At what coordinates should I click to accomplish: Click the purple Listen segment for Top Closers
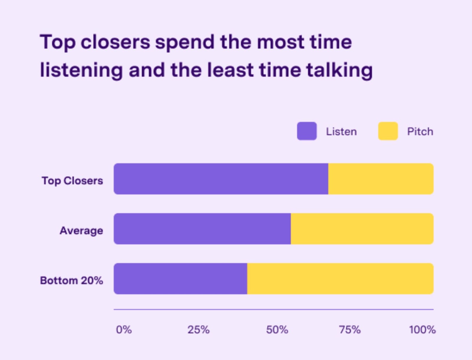(221, 179)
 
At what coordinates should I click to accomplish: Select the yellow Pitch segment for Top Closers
(381, 179)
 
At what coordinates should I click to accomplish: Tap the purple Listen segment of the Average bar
(202, 229)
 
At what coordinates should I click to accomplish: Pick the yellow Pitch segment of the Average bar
(362, 229)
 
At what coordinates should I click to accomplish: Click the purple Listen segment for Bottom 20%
(181, 279)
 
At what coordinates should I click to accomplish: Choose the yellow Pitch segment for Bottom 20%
(340, 279)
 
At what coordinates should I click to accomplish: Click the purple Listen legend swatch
(307, 131)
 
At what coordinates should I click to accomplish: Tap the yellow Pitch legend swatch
(388, 131)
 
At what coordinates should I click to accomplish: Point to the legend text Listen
(341, 131)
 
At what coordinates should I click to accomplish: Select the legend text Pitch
(420, 131)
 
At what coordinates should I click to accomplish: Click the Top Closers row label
(72, 180)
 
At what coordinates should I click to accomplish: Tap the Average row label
(81, 230)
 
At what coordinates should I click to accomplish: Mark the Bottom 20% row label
(71, 280)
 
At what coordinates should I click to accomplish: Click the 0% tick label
(124, 330)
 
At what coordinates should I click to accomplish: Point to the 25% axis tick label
(199, 330)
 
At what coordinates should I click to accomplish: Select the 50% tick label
(277, 330)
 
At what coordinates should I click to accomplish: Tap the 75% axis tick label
(350, 330)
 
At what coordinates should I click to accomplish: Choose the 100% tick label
(422, 330)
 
